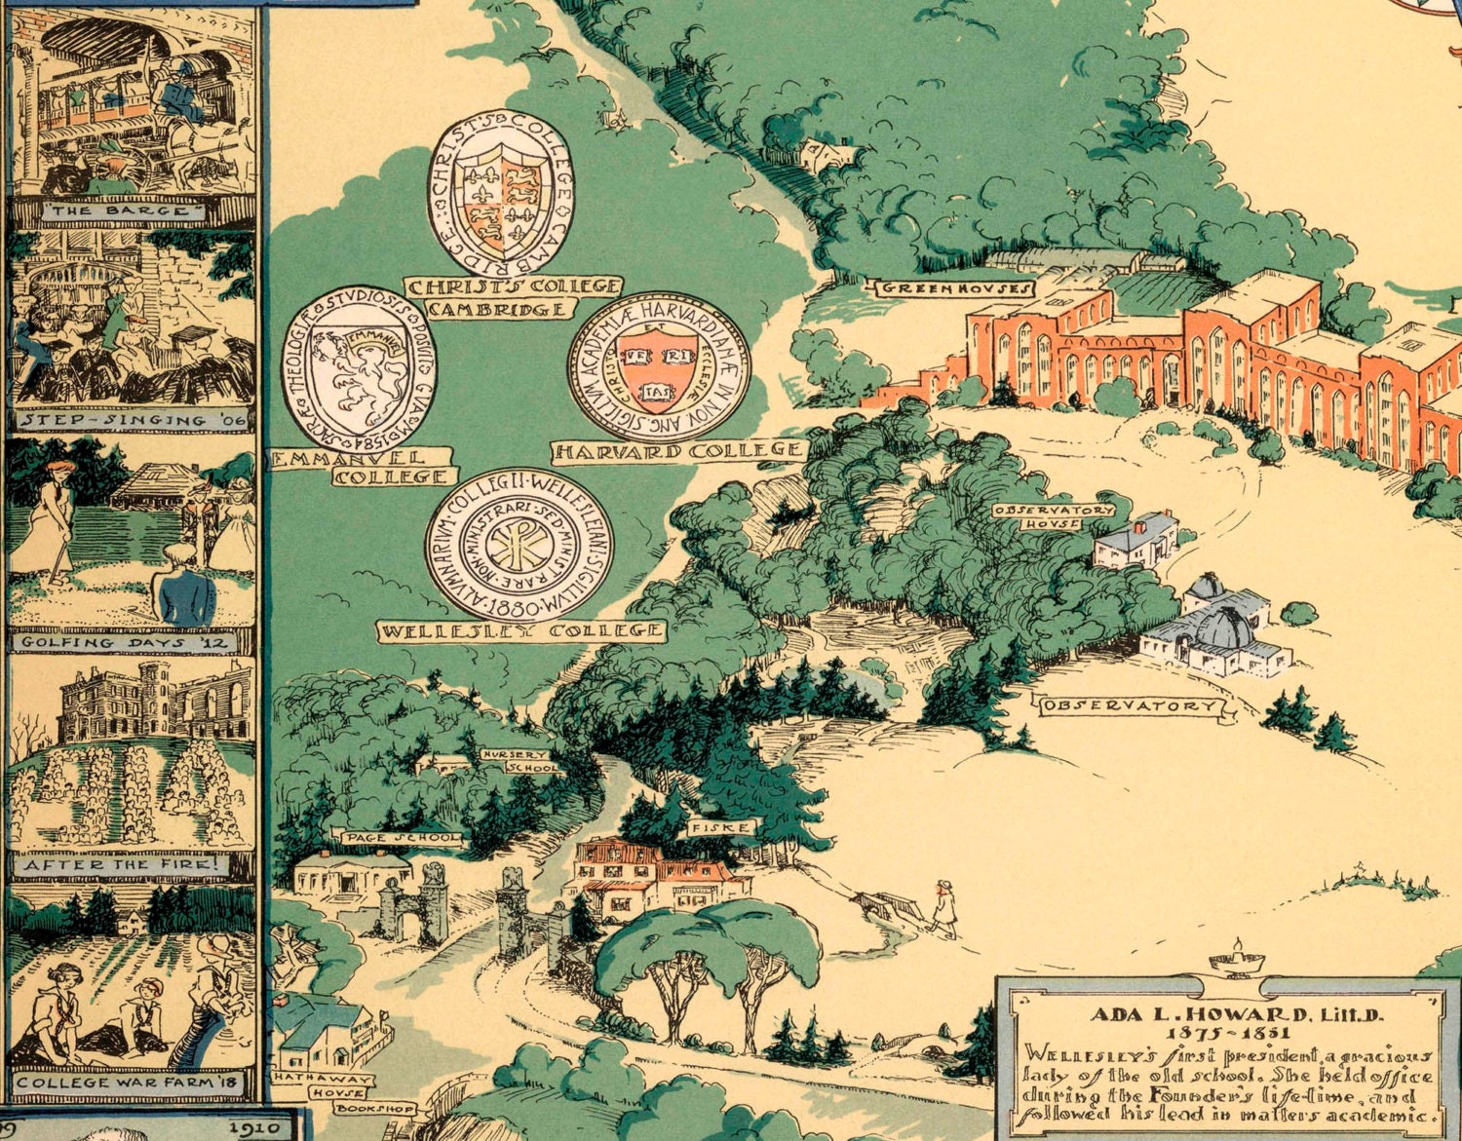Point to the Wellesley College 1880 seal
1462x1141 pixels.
[x=519, y=547]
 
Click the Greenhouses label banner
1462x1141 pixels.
[x=955, y=288]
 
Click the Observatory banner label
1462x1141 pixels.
[x=1131, y=705]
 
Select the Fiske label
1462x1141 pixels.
[x=722, y=827]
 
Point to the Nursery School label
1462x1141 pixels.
[x=520, y=761]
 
